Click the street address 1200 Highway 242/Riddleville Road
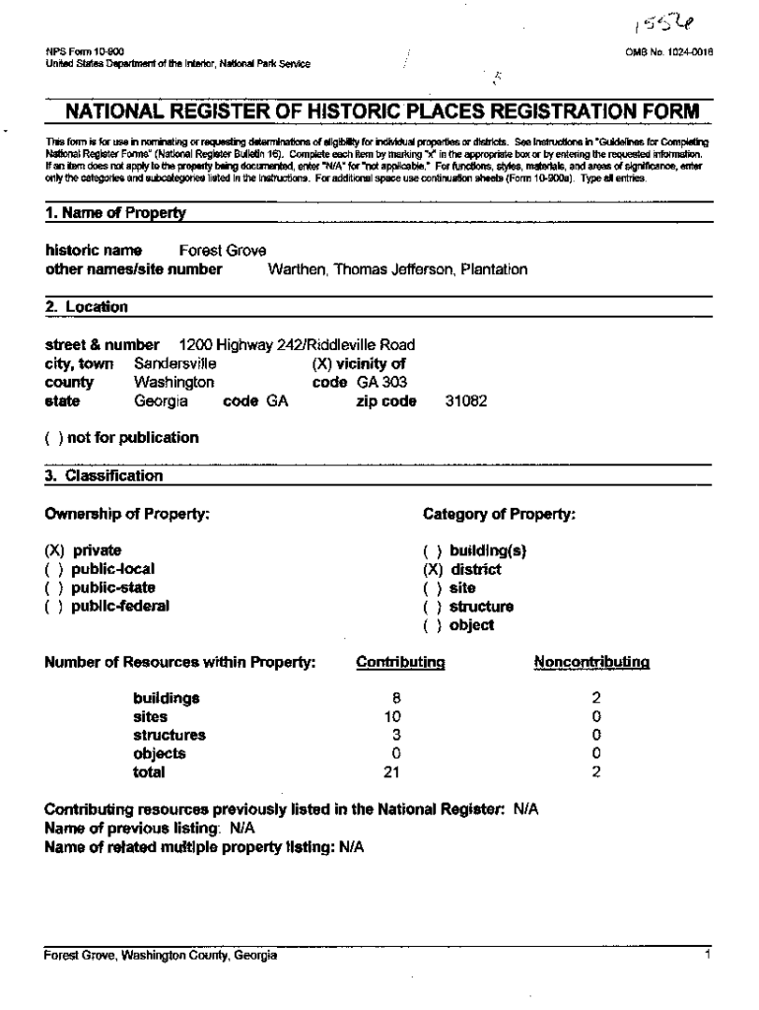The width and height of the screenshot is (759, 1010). click(297, 345)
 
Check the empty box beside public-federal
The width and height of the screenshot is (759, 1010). click(54, 607)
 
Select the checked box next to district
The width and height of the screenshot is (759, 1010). click(433, 569)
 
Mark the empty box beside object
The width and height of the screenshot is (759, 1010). click(433, 625)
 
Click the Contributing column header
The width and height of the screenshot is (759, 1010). click(400, 664)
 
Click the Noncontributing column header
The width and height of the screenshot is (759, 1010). click(590, 664)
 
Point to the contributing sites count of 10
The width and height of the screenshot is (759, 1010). click(393, 717)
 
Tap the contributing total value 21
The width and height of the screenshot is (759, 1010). click(393, 772)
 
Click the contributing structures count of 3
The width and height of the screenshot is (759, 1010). click(396, 735)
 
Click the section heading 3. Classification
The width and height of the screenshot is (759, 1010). click(104, 476)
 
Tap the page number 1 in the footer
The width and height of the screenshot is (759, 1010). click(709, 956)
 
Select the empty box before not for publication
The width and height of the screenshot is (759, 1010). click(54, 438)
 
